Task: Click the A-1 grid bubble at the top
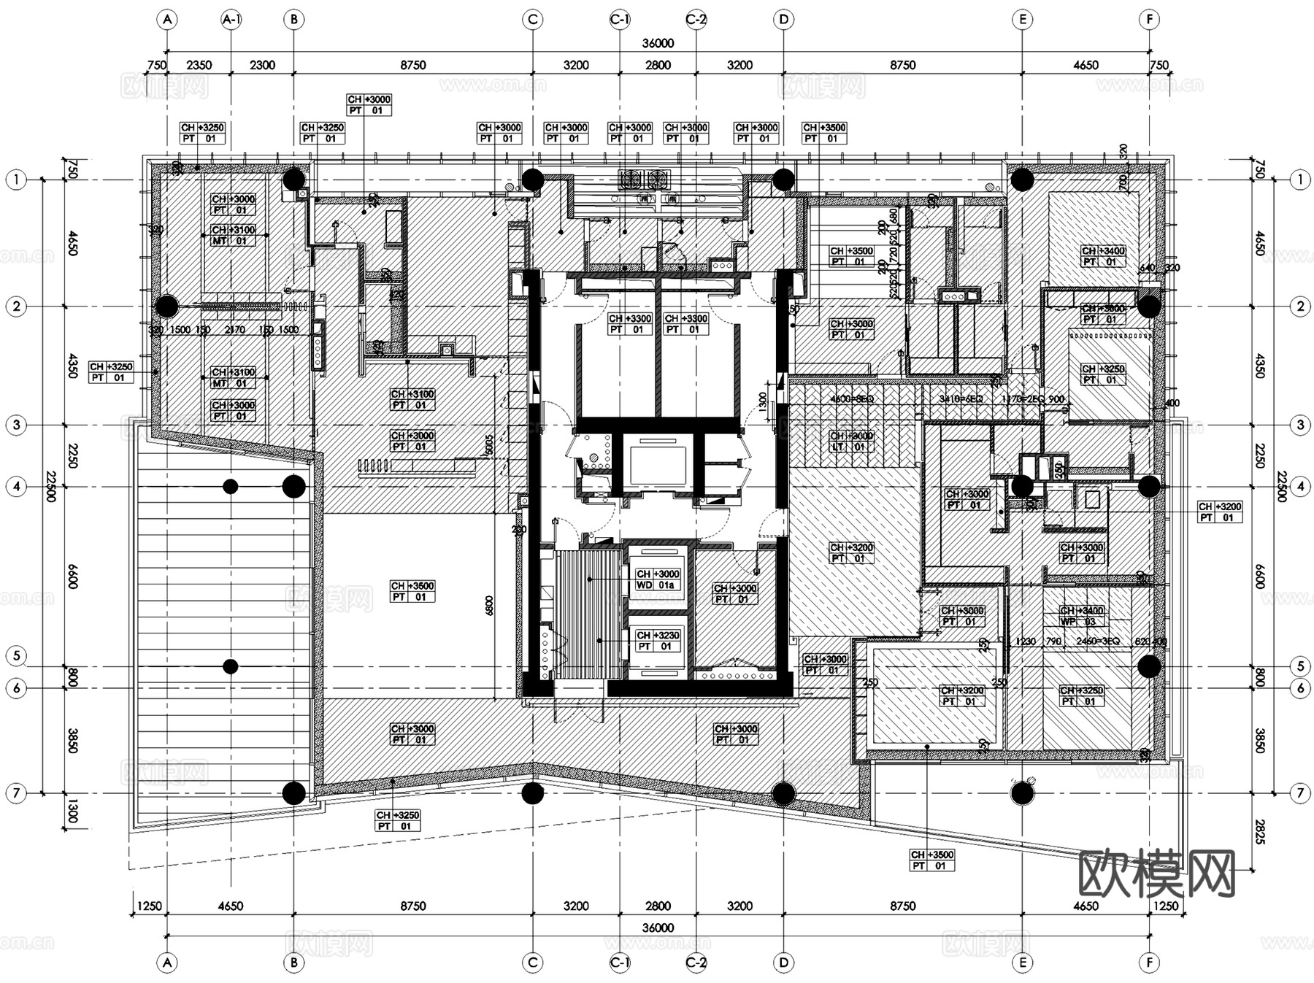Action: (231, 20)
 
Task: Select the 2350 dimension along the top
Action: (199, 65)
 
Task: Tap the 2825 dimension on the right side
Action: (1259, 831)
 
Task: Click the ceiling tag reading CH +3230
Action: (658, 641)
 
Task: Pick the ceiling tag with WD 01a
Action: (658, 579)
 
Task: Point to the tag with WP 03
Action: (1081, 617)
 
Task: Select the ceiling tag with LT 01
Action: (851, 442)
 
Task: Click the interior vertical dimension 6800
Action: (489, 605)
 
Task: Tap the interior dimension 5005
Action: (489, 446)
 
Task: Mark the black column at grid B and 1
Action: (293, 179)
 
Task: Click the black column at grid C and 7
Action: (532, 793)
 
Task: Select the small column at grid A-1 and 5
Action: (231, 666)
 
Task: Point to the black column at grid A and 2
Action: (167, 307)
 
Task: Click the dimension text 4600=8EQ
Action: (852, 399)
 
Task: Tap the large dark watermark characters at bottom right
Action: (1156, 873)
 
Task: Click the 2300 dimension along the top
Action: (262, 65)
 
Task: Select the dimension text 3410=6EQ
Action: (961, 399)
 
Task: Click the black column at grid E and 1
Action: (1021, 179)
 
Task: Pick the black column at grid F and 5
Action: (1149, 666)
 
